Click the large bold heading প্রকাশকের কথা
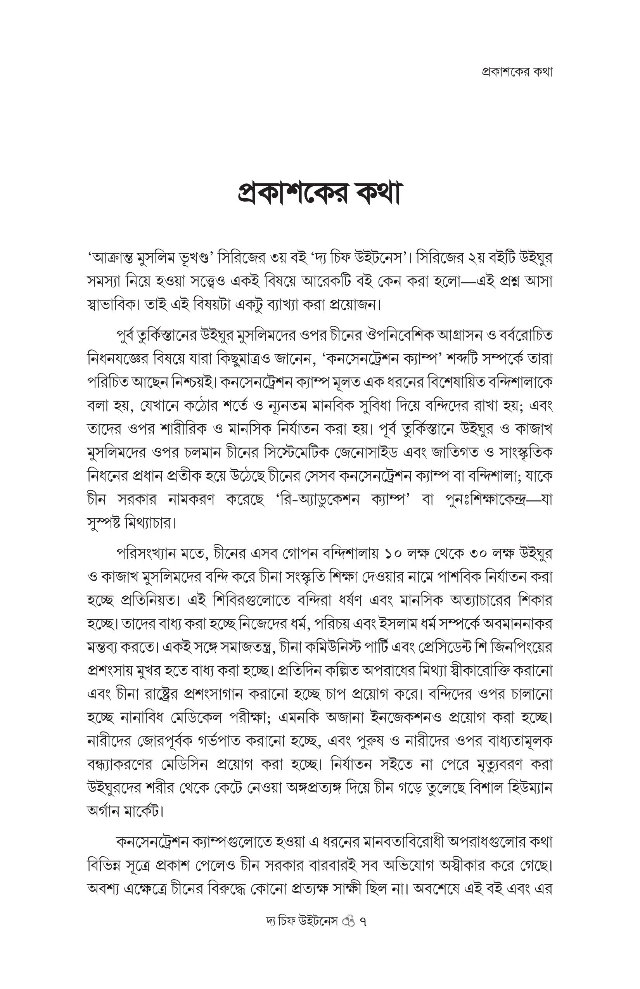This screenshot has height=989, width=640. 319,194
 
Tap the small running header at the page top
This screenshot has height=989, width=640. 517,72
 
